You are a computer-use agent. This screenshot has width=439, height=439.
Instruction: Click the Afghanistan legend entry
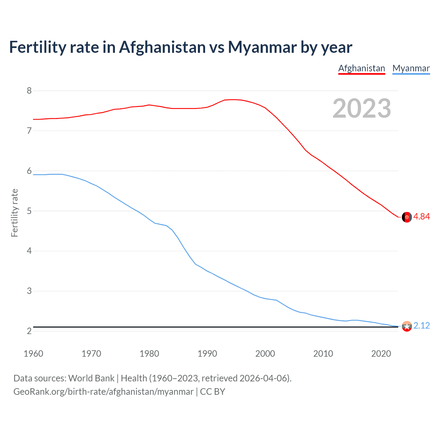pyautogui.click(x=361, y=68)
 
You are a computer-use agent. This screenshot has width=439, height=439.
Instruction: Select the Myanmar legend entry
pyautogui.click(x=411, y=68)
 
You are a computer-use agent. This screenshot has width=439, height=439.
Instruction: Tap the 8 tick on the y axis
pyautogui.click(x=29, y=91)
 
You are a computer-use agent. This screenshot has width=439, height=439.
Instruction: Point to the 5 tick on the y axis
pyautogui.click(x=29, y=211)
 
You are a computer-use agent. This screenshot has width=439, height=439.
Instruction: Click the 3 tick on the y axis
pyautogui.click(x=29, y=291)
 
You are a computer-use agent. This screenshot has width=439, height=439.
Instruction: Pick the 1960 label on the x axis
pyautogui.click(x=33, y=354)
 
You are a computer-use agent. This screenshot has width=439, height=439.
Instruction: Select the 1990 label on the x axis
pyautogui.click(x=207, y=354)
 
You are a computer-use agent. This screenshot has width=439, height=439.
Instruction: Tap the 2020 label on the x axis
pyautogui.click(x=381, y=354)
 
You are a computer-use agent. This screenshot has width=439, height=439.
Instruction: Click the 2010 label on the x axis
pyautogui.click(x=323, y=354)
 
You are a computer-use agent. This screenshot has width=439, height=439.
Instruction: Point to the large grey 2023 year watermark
pyautogui.click(x=362, y=108)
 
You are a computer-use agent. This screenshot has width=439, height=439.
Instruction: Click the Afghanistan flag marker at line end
pyautogui.click(x=407, y=217)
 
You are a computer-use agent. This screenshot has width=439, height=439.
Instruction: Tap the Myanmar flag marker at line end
pyautogui.click(x=407, y=326)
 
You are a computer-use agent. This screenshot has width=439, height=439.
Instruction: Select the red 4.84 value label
pyautogui.click(x=422, y=216)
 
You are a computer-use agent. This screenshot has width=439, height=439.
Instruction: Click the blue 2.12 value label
pyautogui.click(x=422, y=325)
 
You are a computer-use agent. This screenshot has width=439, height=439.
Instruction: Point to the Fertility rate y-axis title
pyautogui.click(x=14, y=213)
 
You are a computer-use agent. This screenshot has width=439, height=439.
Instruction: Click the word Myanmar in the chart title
pyautogui.click(x=262, y=47)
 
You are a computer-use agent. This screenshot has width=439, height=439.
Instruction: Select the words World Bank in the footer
pyautogui.click(x=91, y=378)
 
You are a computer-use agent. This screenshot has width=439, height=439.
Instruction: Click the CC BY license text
pyautogui.click(x=212, y=392)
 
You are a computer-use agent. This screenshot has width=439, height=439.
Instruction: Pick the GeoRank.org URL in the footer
pyautogui.click(x=103, y=392)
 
